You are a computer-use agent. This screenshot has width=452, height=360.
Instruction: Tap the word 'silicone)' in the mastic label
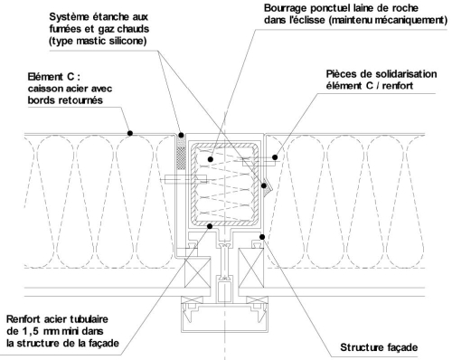click(x=127, y=41)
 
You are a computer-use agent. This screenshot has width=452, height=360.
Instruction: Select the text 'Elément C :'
click(x=54, y=77)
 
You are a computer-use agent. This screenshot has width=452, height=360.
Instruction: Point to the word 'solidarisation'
click(x=406, y=74)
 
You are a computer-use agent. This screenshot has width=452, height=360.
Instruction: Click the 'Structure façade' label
click(x=379, y=347)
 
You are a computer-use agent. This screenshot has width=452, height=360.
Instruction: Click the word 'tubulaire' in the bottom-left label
click(x=89, y=319)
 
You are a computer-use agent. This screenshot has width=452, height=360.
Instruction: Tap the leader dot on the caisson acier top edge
click(x=130, y=133)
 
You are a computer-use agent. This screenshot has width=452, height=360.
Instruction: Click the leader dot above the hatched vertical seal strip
click(x=181, y=135)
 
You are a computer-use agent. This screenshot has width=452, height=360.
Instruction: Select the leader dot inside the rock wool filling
click(x=211, y=159)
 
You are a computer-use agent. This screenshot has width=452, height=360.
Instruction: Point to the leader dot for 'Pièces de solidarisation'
click(x=275, y=157)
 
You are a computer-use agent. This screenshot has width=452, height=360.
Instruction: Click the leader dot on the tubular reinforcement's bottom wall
click(x=210, y=226)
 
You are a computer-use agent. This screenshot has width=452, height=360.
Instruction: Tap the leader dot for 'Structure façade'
click(x=262, y=237)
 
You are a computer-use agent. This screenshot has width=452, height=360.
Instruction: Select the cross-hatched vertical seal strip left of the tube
click(x=181, y=154)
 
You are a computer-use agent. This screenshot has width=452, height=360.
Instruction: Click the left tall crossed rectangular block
click(x=197, y=272)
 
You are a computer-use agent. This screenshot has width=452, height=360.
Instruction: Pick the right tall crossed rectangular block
click(x=251, y=267)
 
